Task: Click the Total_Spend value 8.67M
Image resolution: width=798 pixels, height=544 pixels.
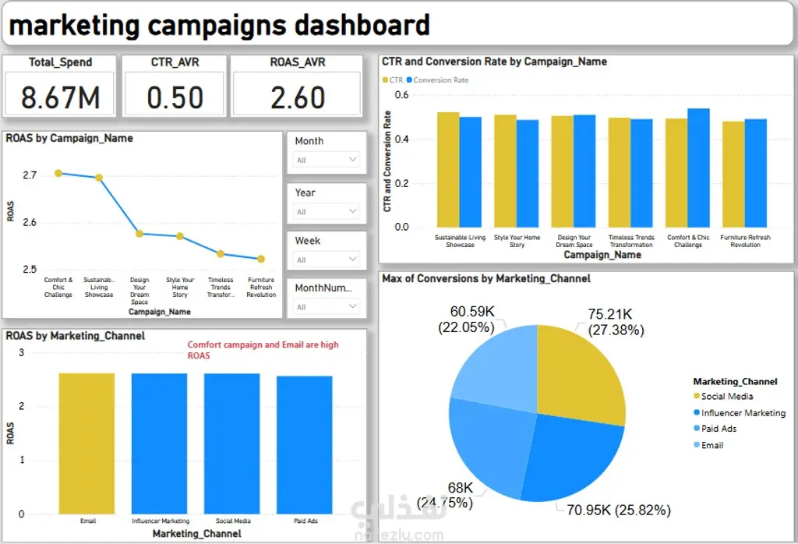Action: [x=60, y=97]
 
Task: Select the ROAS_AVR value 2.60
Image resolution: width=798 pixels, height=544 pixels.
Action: [x=298, y=97]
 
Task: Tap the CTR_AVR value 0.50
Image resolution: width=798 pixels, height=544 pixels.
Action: [x=175, y=97]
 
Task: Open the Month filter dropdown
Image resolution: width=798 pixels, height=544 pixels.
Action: [x=327, y=160]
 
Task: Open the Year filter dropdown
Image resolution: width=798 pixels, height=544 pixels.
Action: [x=327, y=211]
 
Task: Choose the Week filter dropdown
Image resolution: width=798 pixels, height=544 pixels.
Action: [x=327, y=260]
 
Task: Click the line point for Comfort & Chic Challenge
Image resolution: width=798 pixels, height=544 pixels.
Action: [x=58, y=173]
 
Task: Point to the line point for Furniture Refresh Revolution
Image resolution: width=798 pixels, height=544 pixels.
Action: [x=261, y=259]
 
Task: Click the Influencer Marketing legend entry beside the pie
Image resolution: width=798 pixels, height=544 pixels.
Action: [x=743, y=413]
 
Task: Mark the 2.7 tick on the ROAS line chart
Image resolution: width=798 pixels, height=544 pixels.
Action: [x=30, y=175]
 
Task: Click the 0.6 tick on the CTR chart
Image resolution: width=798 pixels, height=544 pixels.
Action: [x=401, y=95]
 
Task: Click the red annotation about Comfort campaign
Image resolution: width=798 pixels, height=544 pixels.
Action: [x=263, y=349]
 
